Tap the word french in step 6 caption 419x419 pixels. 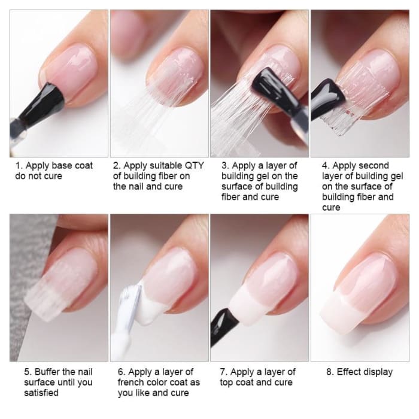point(134,382)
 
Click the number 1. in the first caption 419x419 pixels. point(19,165)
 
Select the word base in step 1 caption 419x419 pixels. point(63,165)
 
